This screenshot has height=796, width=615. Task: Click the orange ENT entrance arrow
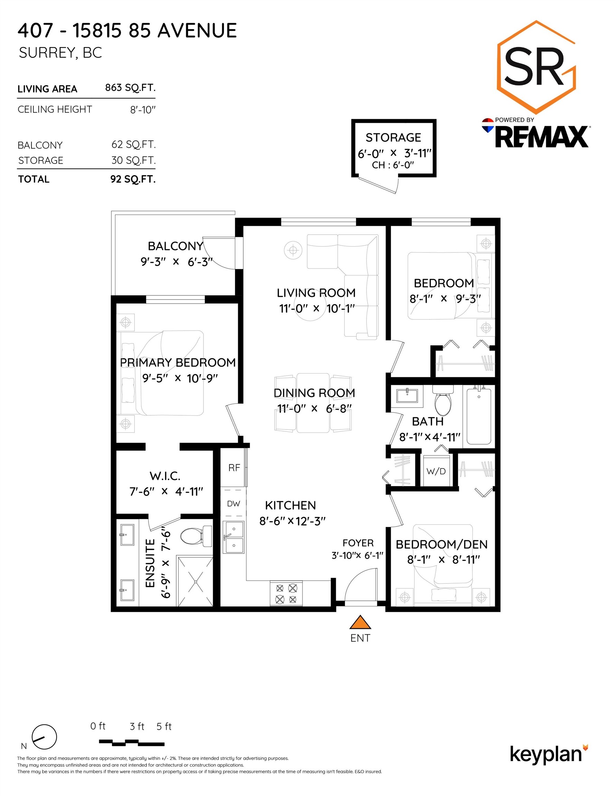pos(360,623)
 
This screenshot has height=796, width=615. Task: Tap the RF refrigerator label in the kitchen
pos(234,467)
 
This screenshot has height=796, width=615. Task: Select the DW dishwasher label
pos(233,504)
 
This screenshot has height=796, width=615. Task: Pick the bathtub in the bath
pos(479,416)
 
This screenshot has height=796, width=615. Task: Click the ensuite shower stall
pos(195,581)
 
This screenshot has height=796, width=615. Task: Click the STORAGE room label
pos(393,138)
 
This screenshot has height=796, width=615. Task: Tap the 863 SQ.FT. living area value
pos(130,88)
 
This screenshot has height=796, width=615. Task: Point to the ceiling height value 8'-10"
pos(143,110)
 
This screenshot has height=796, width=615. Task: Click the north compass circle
pos(45,737)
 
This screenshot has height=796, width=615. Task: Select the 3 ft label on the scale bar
pos(137,727)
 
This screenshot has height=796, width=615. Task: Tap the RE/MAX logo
pos(536,133)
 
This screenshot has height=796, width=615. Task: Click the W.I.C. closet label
pos(165,476)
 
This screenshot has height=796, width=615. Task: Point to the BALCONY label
pos(176,246)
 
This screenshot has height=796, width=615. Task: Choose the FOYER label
pos(358,543)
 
